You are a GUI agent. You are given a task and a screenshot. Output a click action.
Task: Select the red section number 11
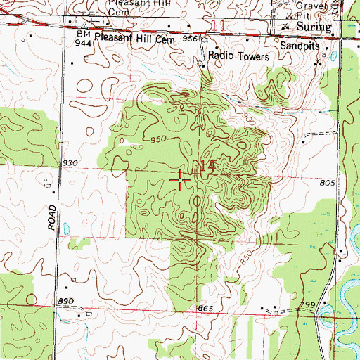219,26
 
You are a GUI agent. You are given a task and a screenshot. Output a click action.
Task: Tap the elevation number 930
70,163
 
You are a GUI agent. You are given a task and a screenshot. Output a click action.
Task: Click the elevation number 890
66,301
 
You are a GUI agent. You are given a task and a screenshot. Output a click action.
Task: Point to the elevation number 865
205,310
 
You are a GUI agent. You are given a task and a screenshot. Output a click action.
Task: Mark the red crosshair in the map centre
181,181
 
